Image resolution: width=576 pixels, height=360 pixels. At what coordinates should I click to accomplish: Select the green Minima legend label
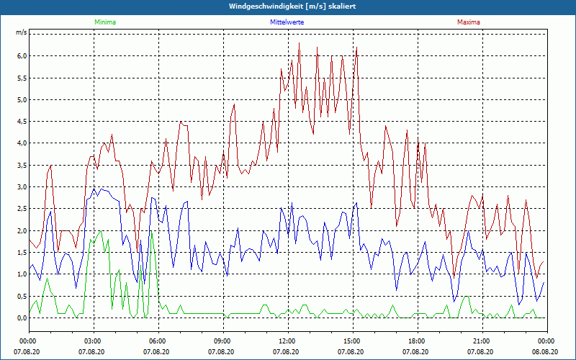pos(104,22)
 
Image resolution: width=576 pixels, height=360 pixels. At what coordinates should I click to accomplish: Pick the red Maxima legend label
pos(469,22)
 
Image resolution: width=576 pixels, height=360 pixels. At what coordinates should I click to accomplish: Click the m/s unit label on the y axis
pos(22,33)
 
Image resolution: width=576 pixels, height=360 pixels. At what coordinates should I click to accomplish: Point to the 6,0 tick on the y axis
pos(22,56)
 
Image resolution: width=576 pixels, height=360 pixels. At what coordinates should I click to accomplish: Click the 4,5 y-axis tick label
pos(22,122)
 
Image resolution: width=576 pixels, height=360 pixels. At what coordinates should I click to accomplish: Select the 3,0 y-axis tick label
pos(22,187)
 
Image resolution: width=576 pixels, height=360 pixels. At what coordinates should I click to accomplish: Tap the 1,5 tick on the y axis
pos(22,253)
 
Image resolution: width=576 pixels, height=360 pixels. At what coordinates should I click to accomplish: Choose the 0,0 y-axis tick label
pos(22,318)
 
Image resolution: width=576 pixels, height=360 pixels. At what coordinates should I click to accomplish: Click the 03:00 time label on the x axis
pos(93,341)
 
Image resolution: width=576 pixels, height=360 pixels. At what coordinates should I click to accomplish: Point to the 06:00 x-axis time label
pos(158,341)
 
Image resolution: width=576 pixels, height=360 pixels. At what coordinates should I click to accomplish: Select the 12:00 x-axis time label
pos(287,341)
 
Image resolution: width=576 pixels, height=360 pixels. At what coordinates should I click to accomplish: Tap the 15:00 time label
pos(351,341)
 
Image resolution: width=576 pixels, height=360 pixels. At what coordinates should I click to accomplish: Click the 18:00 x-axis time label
pos(416,341)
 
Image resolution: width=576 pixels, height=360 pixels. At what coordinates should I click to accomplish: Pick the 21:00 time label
pos(481,341)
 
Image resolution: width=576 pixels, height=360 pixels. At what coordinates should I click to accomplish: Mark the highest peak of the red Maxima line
pos(299,43)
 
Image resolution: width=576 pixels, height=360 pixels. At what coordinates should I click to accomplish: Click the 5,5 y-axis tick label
pos(22,78)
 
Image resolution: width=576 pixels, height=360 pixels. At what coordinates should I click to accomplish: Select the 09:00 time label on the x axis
pos(222,341)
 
